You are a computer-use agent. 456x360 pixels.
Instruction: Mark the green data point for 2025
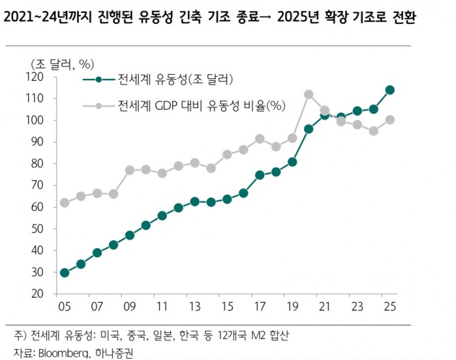coord(390,90)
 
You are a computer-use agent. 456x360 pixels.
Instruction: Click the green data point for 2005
coord(64,273)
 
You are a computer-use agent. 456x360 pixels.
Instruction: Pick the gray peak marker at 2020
coord(308,95)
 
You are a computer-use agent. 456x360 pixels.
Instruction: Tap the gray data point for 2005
coord(64,202)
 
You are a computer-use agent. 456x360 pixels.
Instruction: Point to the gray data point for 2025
coord(390,120)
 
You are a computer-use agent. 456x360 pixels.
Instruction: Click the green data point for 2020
coord(308,129)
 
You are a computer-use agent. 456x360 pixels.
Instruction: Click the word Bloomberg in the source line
coord(59,353)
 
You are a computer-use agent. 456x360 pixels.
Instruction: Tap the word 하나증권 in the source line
coord(114,353)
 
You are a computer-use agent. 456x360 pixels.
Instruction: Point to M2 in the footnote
coord(257,336)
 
